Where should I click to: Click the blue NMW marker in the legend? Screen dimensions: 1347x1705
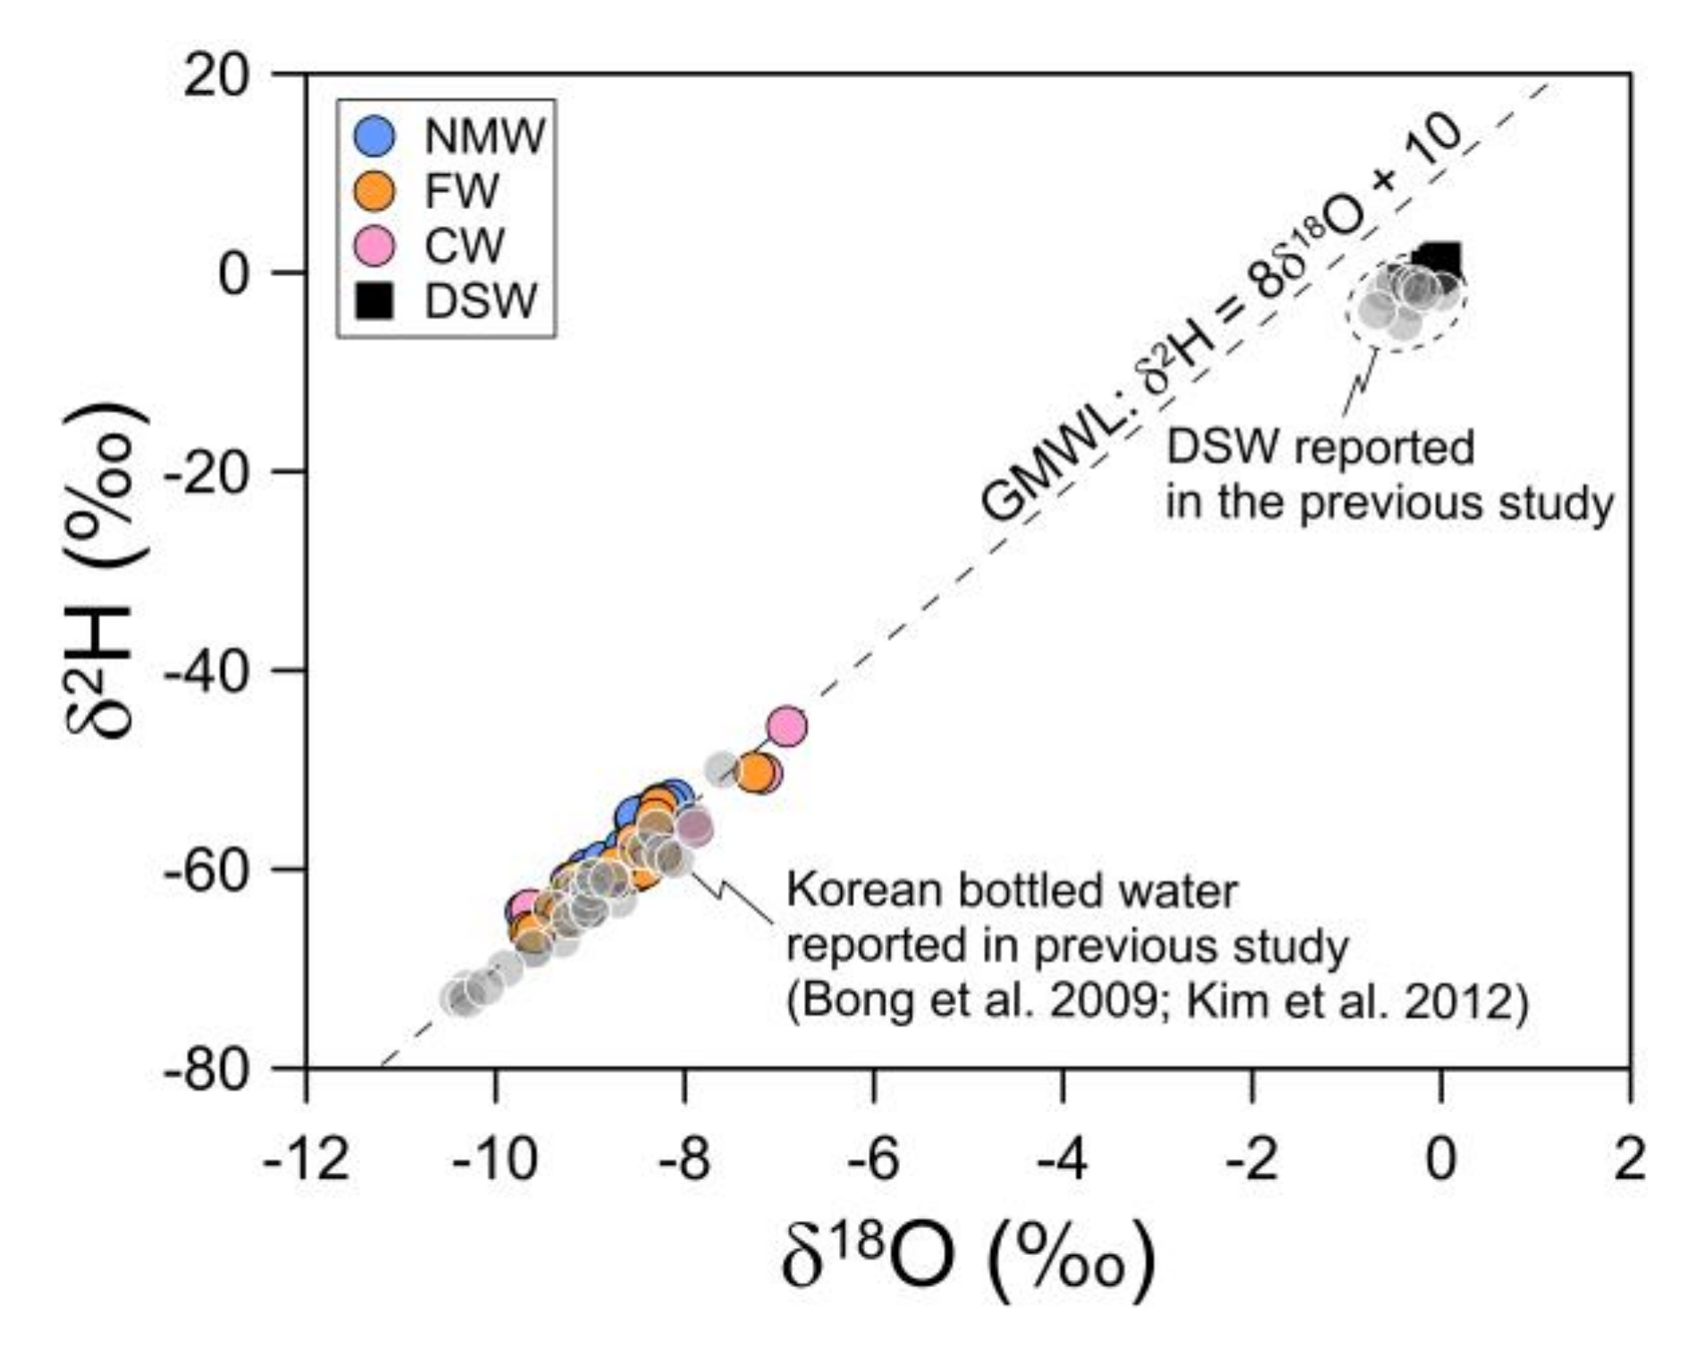point(374,137)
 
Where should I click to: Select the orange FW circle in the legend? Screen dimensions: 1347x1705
point(374,191)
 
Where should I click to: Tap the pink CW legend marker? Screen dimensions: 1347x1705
point(374,246)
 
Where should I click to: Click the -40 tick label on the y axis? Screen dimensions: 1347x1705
point(206,670)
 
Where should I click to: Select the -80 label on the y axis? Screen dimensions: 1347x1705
point(206,1068)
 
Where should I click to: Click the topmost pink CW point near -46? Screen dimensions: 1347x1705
point(786,727)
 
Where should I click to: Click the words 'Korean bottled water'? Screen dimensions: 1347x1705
point(1011,891)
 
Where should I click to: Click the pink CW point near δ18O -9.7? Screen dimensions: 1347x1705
point(527,908)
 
